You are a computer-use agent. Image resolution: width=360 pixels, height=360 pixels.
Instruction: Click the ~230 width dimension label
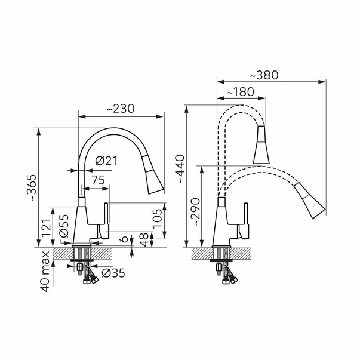tap(121, 109)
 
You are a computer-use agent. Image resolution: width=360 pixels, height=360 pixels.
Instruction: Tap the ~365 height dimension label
tap(32, 188)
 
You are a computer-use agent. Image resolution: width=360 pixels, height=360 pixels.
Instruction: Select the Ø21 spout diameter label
tap(106, 161)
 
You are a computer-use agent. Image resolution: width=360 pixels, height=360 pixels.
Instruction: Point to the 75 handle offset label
tap(99, 180)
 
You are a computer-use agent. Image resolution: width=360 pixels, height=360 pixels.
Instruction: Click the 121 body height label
tap(45, 228)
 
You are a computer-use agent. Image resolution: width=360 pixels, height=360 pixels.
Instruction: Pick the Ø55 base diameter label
tap(64, 226)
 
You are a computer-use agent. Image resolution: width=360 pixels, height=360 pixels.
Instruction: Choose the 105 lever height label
tap(157, 219)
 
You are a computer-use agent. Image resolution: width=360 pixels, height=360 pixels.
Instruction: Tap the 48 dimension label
tap(144, 239)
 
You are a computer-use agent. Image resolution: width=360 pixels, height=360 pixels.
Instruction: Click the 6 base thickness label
tap(124, 239)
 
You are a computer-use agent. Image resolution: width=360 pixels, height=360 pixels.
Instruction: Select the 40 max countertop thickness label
tap(45, 272)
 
